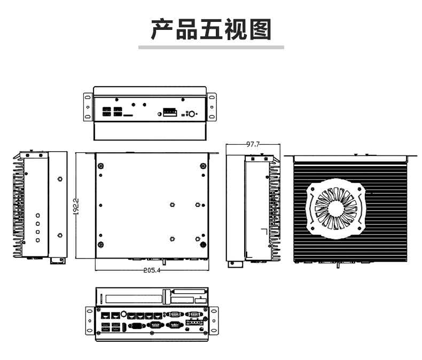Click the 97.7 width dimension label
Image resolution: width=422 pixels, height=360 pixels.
(253, 145)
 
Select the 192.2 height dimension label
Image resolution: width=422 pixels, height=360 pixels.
(76, 206)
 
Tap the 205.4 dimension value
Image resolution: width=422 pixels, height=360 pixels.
(152, 270)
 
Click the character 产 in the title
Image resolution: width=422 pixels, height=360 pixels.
(162, 29)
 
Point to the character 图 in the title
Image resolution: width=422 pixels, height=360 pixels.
(260, 29)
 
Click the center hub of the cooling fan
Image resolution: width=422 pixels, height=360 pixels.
(336, 208)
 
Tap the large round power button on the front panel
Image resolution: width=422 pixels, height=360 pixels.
(192, 114)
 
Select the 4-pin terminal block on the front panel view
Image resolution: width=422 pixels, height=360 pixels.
(170, 112)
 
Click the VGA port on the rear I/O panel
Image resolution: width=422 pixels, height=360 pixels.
(137, 326)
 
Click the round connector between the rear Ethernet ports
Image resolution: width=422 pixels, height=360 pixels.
(124, 314)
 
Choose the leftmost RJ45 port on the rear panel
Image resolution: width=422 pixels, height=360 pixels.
(106, 315)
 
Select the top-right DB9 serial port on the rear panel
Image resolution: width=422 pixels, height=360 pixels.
(194, 314)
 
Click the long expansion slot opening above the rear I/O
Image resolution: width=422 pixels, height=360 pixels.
(134, 299)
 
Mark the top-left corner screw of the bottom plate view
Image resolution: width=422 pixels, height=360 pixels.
(101, 166)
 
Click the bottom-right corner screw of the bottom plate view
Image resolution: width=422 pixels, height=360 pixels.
(203, 245)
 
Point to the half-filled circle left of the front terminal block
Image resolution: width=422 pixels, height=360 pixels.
(160, 114)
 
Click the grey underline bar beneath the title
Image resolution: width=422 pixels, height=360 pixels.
(212, 48)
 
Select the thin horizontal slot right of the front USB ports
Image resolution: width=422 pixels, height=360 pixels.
(128, 115)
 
